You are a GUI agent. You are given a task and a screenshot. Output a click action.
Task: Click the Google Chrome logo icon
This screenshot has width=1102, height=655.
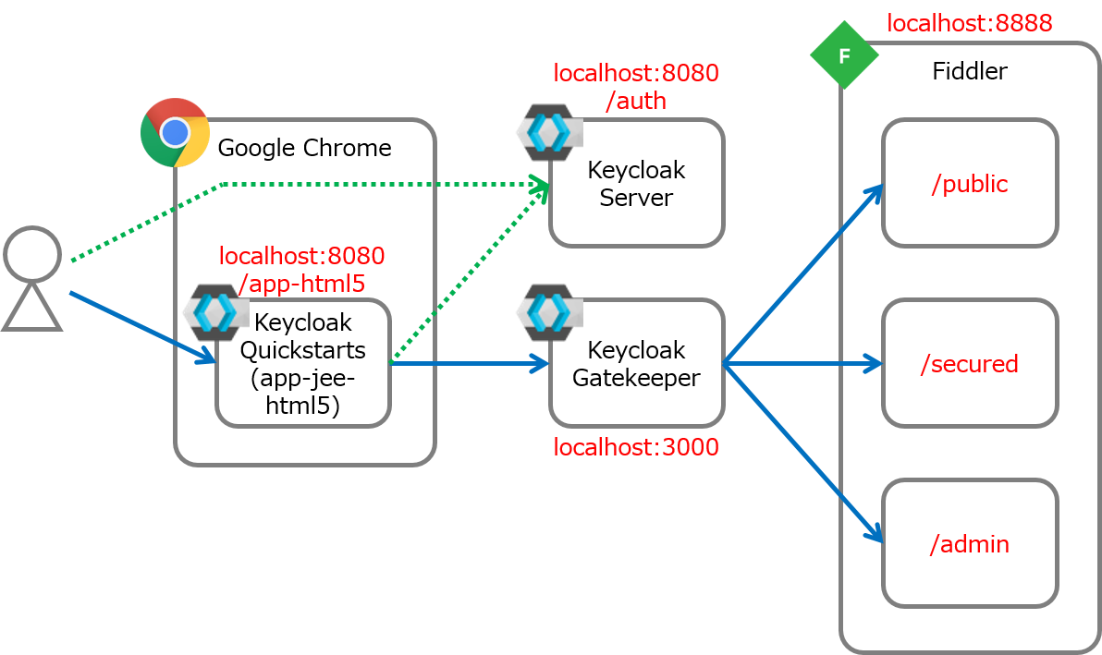pyautogui.click(x=175, y=133)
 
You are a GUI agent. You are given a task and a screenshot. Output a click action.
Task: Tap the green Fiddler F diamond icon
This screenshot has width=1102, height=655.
pyautogui.click(x=843, y=55)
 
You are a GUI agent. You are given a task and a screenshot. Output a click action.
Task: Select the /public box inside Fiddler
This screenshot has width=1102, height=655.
pyautogui.click(x=969, y=184)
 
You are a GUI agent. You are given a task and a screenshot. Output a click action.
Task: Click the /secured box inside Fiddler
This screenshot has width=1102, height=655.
pyautogui.click(x=969, y=363)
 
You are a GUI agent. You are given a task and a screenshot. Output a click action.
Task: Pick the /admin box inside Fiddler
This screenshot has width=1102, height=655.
pyautogui.click(x=969, y=543)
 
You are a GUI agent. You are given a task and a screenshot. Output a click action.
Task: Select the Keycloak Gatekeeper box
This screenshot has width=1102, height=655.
pyautogui.click(x=636, y=364)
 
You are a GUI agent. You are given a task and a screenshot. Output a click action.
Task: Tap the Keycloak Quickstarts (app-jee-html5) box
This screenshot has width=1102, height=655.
pyautogui.click(x=303, y=364)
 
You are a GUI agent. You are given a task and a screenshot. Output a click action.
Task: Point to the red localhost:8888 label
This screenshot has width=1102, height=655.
pyautogui.click(x=969, y=23)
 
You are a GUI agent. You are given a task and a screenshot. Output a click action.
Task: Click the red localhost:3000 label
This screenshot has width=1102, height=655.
pyautogui.click(x=636, y=448)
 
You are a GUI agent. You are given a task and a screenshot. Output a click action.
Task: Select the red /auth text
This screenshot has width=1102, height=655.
pyautogui.click(x=636, y=101)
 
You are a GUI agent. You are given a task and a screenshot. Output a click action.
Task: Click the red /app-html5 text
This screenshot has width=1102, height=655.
pyautogui.click(x=302, y=283)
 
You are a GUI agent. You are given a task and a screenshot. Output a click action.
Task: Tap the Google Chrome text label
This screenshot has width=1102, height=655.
pyautogui.click(x=304, y=148)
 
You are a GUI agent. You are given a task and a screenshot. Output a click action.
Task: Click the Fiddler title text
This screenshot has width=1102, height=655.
pyautogui.click(x=969, y=71)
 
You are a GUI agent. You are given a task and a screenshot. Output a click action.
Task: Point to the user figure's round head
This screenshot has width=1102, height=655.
pyautogui.click(x=32, y=254)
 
